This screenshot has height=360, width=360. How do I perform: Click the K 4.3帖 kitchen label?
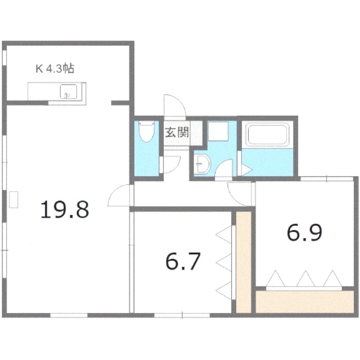click(x=55, y=68)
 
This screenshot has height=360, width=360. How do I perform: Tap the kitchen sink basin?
click(x=68, y=91)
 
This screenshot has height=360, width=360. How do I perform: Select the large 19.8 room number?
click(x=65, y=209)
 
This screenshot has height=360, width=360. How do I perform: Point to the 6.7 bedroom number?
click(x=183, y=261)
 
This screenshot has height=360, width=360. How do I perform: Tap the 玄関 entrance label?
click(x=177, y=132)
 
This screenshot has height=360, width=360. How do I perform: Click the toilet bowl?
click(x=147, y=132)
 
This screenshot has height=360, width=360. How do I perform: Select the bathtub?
click(x=267, y=134)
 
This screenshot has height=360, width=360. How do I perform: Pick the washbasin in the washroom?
click(x=202, y=164)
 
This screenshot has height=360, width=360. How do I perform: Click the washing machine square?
click(x=218, y=131)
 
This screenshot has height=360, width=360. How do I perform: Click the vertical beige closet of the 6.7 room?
click(x=244, y=262)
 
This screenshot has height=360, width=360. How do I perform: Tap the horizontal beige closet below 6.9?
click(x=305, y=302)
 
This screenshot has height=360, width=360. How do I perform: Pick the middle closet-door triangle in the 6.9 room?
click(x=306, y=279)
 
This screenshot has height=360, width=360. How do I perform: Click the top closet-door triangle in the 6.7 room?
click(x=224, y=234)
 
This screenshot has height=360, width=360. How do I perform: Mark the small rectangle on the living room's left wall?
click(x=13, y=199)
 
